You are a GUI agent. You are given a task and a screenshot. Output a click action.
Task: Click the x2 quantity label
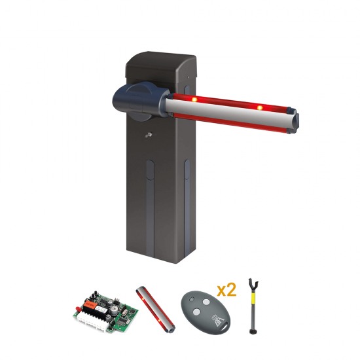[226, 290]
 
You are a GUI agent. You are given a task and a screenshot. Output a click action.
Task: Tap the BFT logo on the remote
[218, 319]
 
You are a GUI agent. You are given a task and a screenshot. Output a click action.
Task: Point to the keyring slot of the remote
[225, 329]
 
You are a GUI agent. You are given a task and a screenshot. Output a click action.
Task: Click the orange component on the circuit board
[89, 304]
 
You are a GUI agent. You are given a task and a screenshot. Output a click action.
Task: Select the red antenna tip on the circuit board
[78, 308]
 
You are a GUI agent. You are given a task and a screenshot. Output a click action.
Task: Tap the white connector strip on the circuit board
[92, 322]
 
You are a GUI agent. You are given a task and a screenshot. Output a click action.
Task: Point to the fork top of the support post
[253, 283]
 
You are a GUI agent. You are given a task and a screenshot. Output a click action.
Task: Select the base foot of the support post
[253, 332]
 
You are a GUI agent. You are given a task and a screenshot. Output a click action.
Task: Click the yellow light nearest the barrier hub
[194, 99]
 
